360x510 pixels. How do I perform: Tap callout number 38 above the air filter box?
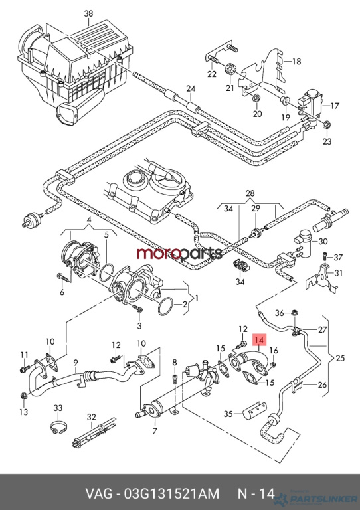(88, 13)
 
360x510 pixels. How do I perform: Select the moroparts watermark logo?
(179, 253)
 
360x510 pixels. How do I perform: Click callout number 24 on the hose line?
(191, 88)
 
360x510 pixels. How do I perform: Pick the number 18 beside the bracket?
(297, 61)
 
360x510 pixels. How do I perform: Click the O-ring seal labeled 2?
(166, 305)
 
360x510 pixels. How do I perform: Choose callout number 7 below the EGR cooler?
(155, 431)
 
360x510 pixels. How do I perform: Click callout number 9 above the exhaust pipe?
(76, 361)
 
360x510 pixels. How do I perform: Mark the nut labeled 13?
(23, 396)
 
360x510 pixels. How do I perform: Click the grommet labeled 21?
(230, 69)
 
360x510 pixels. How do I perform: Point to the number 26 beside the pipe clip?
(322, 385)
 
